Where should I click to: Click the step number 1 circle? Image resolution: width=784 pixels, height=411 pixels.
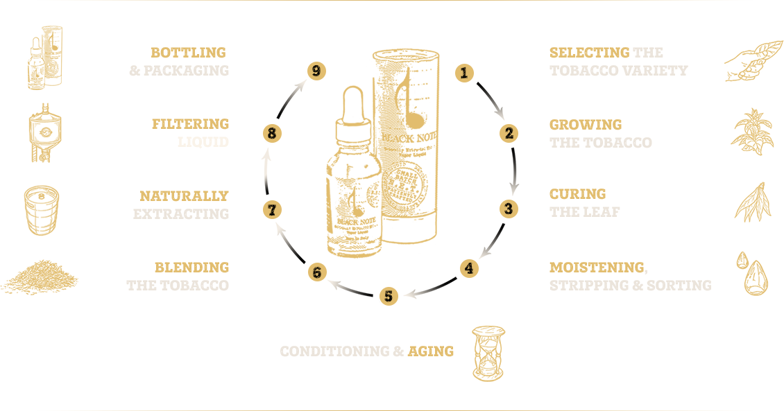point(464,73)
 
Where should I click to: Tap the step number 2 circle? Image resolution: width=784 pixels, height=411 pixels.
point(509,133)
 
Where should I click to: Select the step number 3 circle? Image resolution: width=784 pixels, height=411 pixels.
point(508,209)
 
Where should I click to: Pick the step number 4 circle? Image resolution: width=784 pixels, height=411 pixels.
point(470,268)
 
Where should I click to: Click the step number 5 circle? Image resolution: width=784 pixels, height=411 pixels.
point(389,297)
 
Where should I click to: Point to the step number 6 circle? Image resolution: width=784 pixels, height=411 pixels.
point(317,272)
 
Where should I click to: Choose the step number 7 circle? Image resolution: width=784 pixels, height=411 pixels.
point(273,209)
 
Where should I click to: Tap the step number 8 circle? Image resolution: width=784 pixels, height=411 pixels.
point(272,134)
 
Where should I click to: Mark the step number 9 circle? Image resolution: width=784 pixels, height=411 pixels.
point(316,71)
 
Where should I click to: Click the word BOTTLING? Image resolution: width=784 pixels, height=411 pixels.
point(189,53)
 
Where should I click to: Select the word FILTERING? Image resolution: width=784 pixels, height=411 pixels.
point(190,125)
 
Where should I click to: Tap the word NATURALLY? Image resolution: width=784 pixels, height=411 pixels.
point(184,197)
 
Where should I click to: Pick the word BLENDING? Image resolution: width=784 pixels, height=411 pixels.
point(191,268)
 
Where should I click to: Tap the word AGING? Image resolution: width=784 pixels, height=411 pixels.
point(431,351)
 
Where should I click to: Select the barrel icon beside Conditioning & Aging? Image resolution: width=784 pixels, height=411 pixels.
point(488,353)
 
